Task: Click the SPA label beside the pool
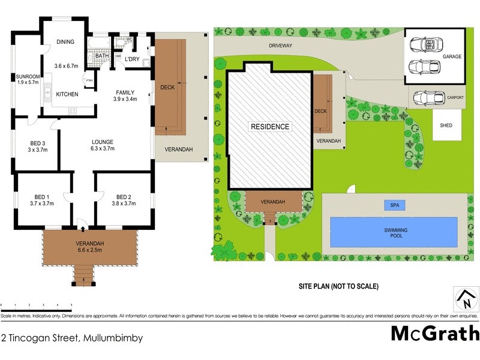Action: (x=394, y=205)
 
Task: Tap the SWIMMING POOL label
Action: (x=394, y=233)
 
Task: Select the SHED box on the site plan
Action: (x=446, y=125)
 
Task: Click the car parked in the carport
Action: (x=430, y=97)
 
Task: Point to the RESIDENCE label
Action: (x=270, y=127)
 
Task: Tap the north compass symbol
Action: (x=464, y=297)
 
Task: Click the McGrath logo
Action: (x=434, y=333)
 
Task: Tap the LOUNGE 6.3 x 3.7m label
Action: (x=102, y=145)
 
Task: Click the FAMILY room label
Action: (x=125, y=95)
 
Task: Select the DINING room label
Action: (x=65, y=41)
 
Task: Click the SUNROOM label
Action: (x=28, y=77)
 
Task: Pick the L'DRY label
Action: (x=132, y=58)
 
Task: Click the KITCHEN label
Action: (x=67, y=94)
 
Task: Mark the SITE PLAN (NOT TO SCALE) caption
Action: (x=339, y=286)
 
